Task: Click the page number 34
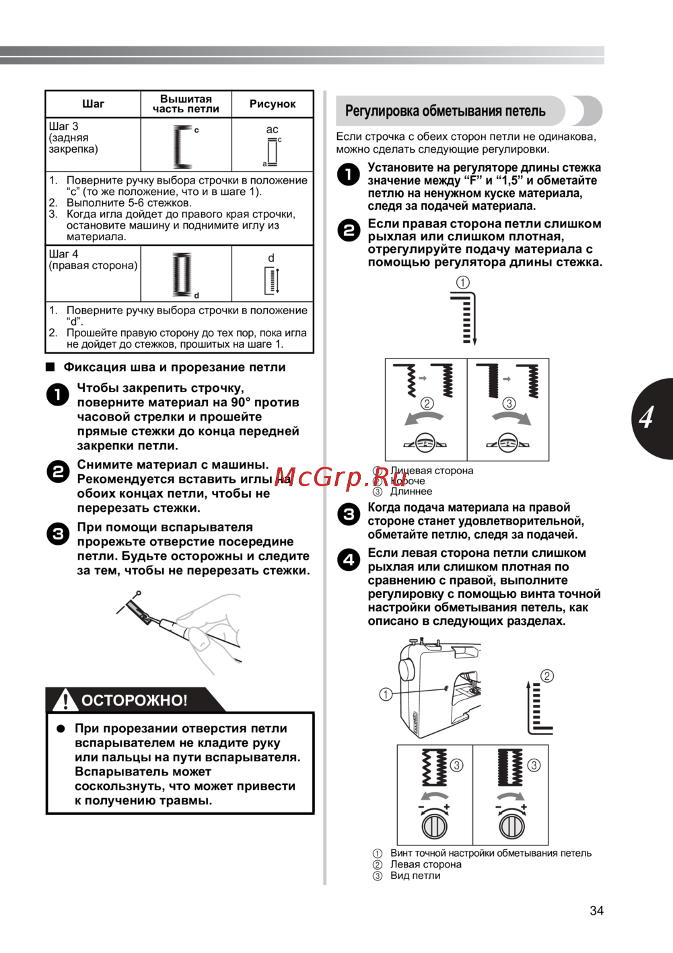click(x=596, y=911)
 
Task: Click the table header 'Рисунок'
click(x=273, y=104)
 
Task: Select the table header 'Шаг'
click(x=93, y=104)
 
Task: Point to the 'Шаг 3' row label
click(x=63, y=126)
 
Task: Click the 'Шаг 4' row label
click(x=63, y=254)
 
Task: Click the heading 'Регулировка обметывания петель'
click(x=445, y=111)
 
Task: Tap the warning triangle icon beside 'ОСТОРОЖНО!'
click(x=65, y=700)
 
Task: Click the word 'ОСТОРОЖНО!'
click(x=135, y=701)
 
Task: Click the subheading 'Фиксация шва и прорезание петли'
click(x=174, y=367)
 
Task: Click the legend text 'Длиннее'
click(x=411, y=492)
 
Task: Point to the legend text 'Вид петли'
click(x=415, y=876)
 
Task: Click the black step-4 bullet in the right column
click(x=349, y=560)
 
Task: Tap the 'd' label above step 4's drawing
click(x=271, y=258)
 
